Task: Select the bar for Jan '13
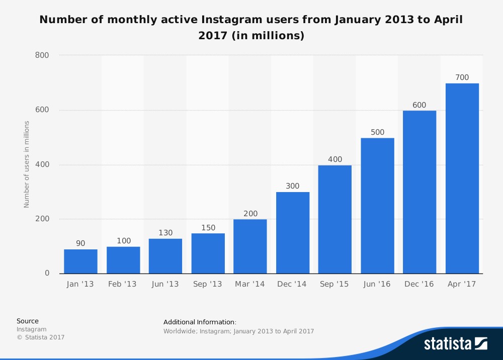click(80, 261)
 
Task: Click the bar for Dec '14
click(293, 233)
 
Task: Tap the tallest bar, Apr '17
click(462, 178)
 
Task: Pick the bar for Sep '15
click(335, 219)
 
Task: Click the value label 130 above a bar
click(165, 233)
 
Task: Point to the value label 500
click(377, 132)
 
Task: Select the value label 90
click(80, 243)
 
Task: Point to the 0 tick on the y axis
click(47, 274)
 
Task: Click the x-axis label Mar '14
click(250, 284)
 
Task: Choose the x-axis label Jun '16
click(377, 284)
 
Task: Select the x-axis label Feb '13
click(122, 284)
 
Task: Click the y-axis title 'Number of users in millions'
click(27, 164)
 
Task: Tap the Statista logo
click(455, 344)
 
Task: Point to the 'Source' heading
click(27, 321)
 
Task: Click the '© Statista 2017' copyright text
click(41, 337)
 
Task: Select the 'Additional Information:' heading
click(200, 322)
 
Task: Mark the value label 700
click(462, 77)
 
